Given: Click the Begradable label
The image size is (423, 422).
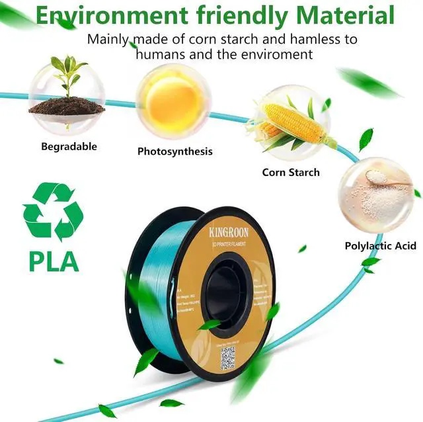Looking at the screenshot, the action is [69, 146].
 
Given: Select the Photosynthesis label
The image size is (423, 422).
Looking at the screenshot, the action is [175, 151].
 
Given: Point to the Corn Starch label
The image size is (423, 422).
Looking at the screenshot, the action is [291, 172].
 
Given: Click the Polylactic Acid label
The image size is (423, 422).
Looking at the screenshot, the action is [381, 246].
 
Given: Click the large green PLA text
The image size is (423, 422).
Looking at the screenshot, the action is [54, 260].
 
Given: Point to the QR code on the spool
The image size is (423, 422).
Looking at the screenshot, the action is [227, 357].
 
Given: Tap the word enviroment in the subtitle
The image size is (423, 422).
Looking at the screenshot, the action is [278, 54].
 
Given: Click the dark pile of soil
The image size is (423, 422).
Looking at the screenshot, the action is [67, 105].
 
